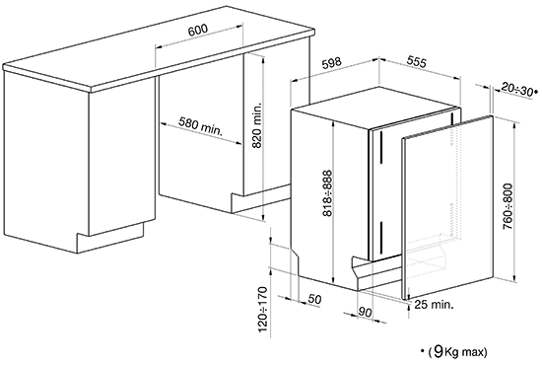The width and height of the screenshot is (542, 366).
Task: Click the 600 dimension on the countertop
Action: pos(198,31)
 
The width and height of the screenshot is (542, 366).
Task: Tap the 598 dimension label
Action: pos(331,63)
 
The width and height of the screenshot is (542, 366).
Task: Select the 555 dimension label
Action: pos(417,61)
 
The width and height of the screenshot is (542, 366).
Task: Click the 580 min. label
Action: pos(201,125)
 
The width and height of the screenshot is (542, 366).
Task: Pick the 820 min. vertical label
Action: pos(257,125)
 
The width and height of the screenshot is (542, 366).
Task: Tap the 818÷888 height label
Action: pos(326,192)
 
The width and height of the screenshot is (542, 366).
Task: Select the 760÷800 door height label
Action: pos(508,206)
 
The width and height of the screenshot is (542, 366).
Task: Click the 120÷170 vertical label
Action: pos(263,309)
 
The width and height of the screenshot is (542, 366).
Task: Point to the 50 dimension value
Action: pos(314,299)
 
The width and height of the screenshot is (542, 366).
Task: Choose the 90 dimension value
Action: pos(365,312)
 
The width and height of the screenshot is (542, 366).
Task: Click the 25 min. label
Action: pos(434,305)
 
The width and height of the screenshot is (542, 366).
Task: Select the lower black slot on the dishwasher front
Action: pos(381,238)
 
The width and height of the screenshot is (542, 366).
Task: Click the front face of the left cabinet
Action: pos(122,156)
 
